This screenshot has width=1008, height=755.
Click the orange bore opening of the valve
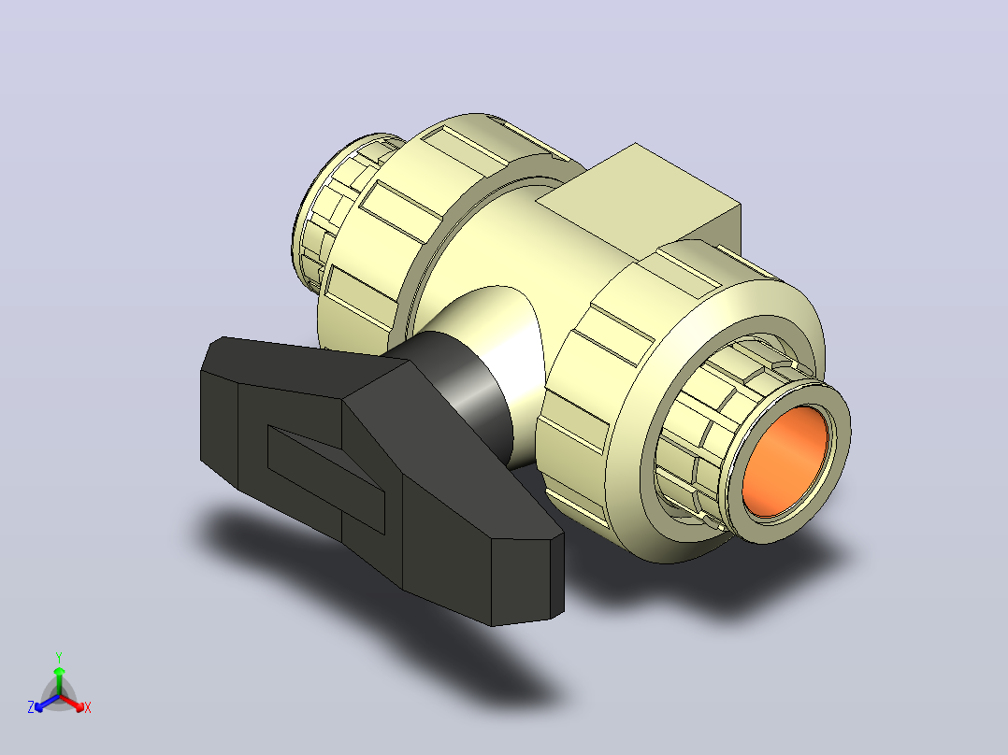[784, 461]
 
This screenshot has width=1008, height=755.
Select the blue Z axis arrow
[47, 703]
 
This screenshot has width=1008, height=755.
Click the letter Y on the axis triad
[59, 657]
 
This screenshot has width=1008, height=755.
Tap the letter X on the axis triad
[88, 707]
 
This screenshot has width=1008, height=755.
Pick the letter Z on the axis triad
[31, 707]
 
